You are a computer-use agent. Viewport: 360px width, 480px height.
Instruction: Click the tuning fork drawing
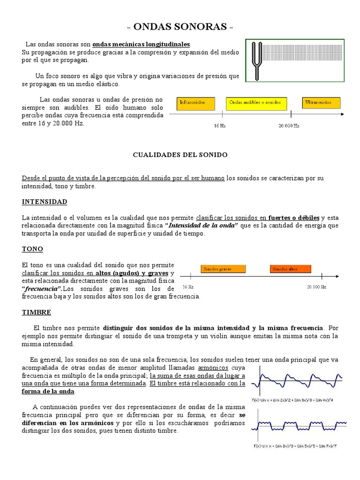pyautogui.click(x=256, y=60)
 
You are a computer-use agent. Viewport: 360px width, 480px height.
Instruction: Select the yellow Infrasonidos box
pyautogui.click(x=196, y=104)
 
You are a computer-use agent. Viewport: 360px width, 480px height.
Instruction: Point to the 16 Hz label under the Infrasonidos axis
pyautogui.click(x=220, y=126)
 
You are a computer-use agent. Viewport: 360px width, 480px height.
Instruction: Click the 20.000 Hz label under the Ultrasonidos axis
pyautogui.click(x=289, y=126)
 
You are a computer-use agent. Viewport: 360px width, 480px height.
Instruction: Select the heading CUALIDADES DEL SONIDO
pyautogui.click(x=180, y=155)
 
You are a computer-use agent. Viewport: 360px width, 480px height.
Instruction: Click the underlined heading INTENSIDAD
pyautogui.click(x=45, y=202)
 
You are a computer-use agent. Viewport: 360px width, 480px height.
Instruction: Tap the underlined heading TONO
pyautogui.click(x=32, y=249)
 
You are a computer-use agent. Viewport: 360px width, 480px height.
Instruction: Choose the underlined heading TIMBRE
pyautogui.click(x=36, y=312)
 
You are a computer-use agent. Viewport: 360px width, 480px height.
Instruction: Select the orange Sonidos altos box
pyautogui.click(x=290, y=269)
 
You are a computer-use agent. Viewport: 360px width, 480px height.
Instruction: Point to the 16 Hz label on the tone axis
pyautogui.click(x=188, y=287)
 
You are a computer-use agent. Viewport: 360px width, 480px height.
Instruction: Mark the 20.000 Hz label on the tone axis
pyautogui.click(x=316, y=287)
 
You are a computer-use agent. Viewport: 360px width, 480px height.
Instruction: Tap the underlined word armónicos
pyautogui.click(x=215, y=368)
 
